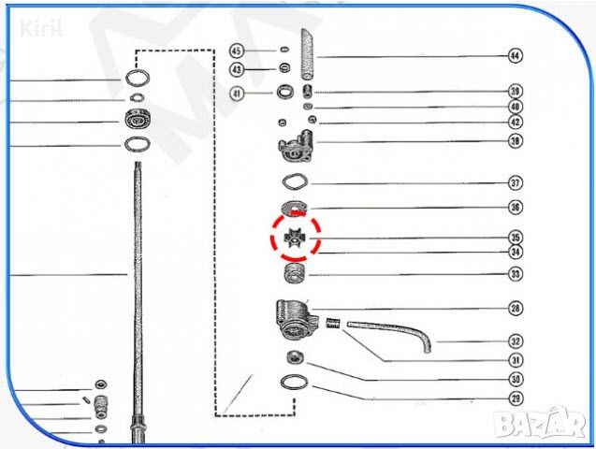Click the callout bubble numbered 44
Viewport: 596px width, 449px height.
tap(515, 56)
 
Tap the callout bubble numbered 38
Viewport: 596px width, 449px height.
tap(515, 141)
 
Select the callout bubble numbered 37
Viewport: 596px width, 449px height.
tap(515, 182)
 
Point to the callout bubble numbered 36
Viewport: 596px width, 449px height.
tap(515, 208)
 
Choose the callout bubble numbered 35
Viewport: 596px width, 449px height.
tap(515, 237)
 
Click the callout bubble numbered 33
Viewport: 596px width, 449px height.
tap(515, 274)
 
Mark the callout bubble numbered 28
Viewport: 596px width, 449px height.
tap(515, 308)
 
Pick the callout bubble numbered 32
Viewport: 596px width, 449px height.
tap(515, 341)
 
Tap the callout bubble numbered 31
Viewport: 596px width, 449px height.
tap(515, 359)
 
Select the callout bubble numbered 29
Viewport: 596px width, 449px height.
tap(515, 398)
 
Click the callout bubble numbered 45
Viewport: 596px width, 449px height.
tap(236, 51)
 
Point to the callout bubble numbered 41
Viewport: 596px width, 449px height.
tap(236, 93)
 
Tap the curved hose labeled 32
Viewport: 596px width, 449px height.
tap(393, 333)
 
